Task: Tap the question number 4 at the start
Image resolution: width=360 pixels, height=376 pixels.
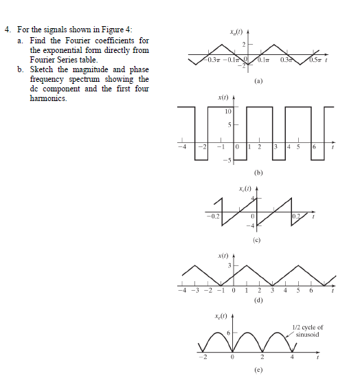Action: click(x=6, y=30)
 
